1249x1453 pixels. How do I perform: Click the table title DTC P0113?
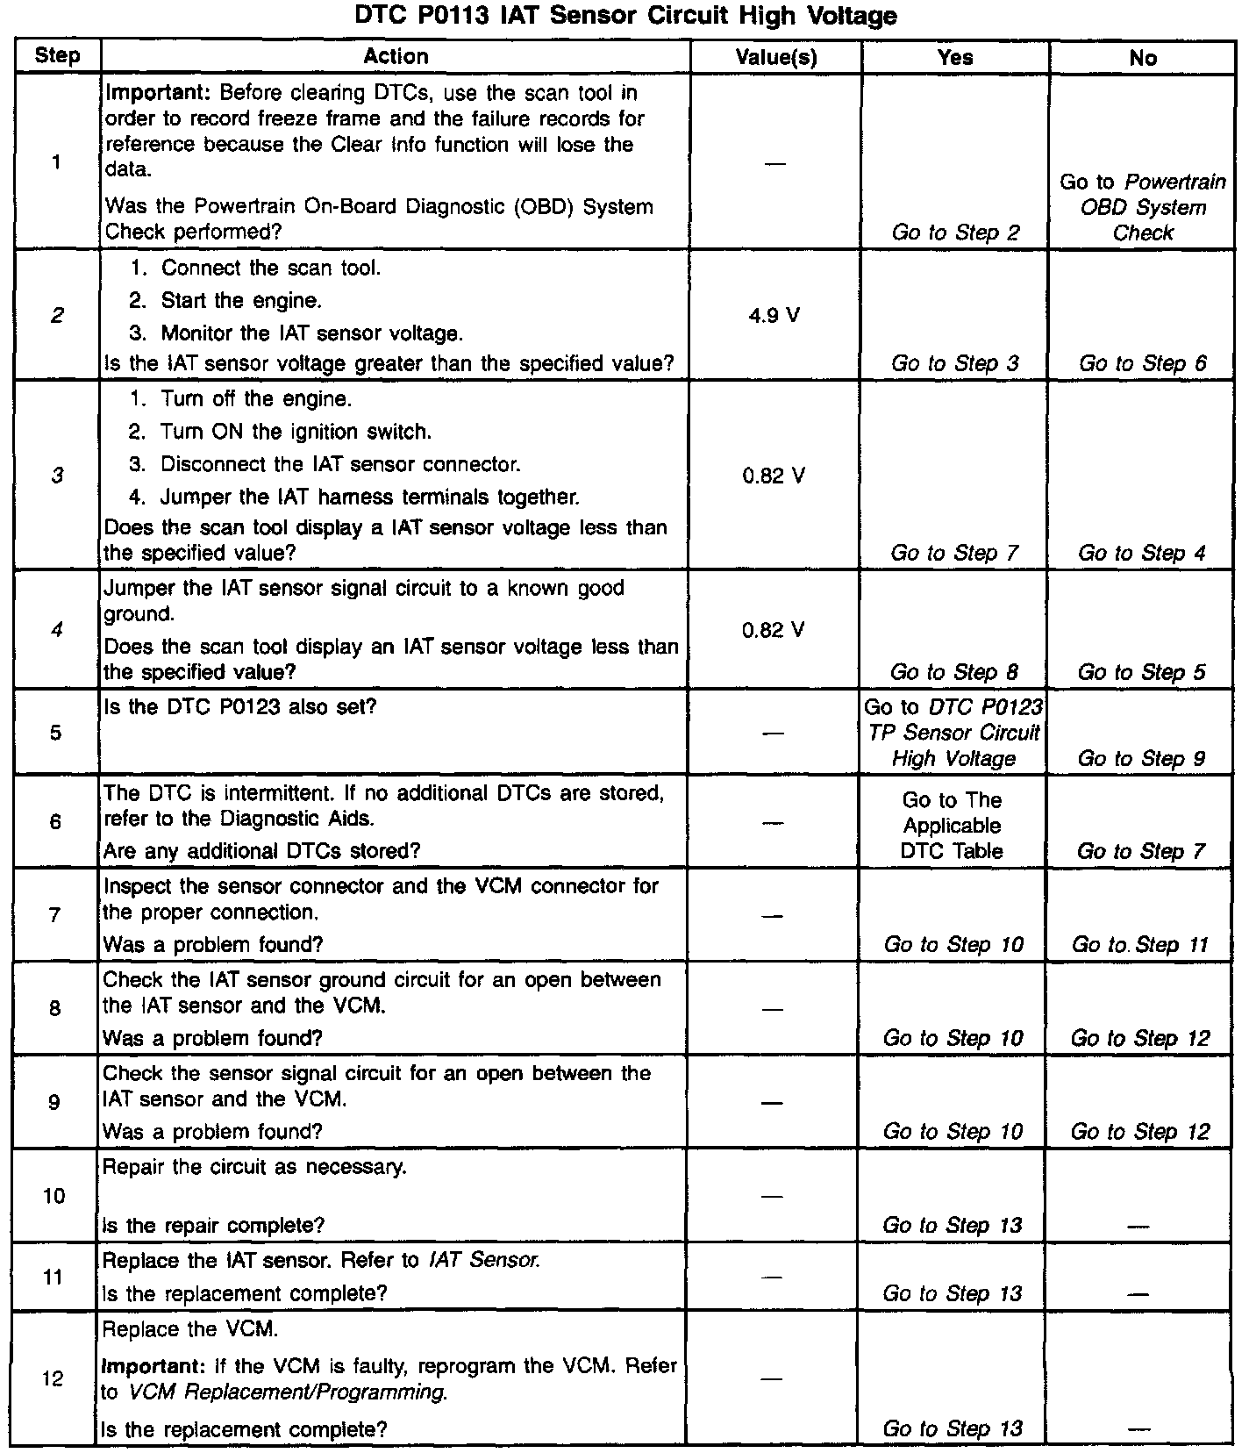click(625, 16)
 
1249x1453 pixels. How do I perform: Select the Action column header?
click(396, 57)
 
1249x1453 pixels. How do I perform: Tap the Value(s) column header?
click(775, 58)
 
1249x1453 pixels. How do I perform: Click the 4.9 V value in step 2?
click(774, 316)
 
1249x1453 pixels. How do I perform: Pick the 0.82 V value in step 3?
click(774, 476)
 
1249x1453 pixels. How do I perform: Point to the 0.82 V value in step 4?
click(774, 630)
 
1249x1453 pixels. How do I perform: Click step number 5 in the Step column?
click(56, 733)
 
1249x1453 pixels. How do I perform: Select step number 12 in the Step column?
click(54, 1378)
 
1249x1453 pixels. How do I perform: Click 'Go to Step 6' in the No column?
click(1142, 363)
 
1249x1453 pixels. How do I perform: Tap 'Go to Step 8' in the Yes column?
click(954, 672)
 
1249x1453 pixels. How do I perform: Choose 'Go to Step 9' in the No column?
click(1141, 759)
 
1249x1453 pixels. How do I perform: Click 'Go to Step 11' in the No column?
click(1140, 945)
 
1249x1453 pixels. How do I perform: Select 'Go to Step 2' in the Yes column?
click(955, 233)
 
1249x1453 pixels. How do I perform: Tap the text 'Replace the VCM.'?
click(190, 1329)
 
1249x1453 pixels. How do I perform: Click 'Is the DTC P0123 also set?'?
click(239, 706)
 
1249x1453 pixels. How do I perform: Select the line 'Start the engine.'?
click(240, 301)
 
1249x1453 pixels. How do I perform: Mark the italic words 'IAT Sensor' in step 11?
click(484, 1261)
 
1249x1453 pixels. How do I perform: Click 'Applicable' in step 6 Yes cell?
click(953, 826)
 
